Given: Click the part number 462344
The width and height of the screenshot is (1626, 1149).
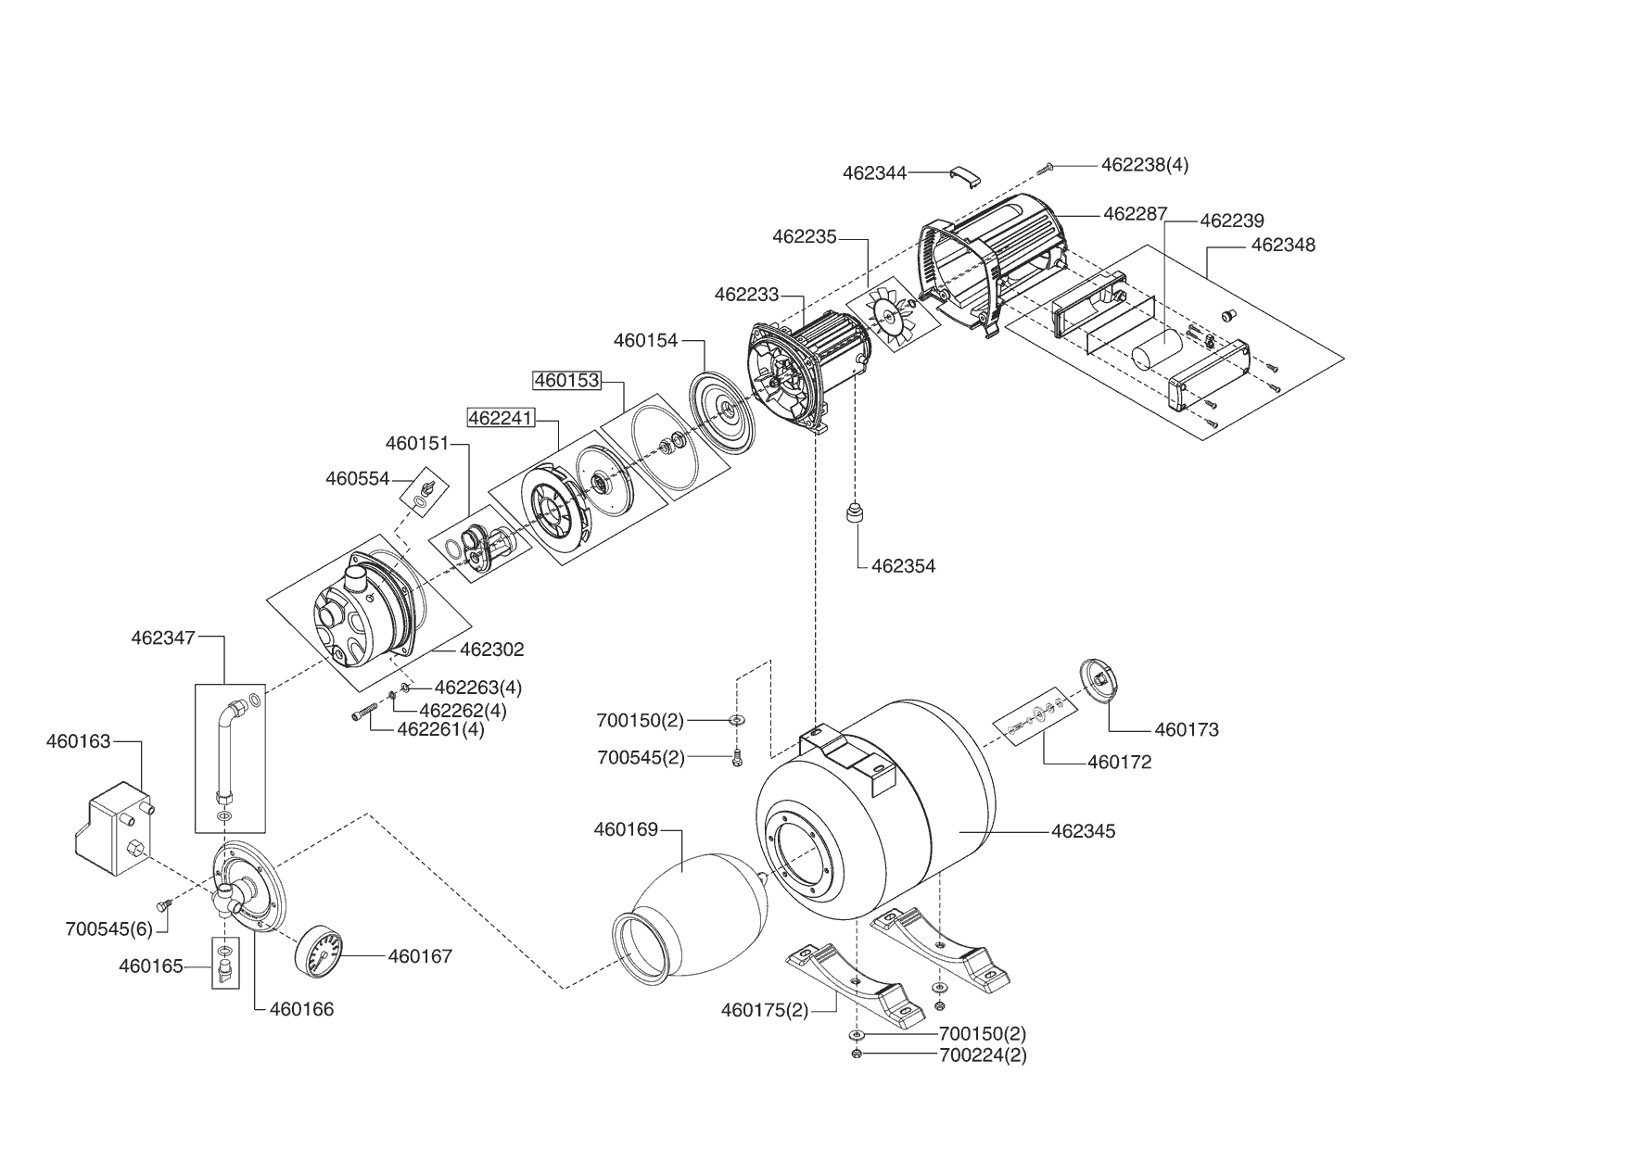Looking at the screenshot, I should [874, 172].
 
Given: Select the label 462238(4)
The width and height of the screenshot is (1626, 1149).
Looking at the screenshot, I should [1144, 165].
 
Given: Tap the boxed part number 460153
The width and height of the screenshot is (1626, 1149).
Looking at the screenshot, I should [566, 380].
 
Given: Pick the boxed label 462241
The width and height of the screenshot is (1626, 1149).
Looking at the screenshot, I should [501, 418].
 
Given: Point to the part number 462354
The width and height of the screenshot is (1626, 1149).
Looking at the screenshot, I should [903, 566].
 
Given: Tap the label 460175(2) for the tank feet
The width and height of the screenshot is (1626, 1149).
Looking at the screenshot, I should [764, 1010].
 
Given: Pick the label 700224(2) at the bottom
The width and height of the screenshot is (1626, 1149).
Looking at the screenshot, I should [983, 1054].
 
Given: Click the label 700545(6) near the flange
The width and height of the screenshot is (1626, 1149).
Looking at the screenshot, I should [108, 928].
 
